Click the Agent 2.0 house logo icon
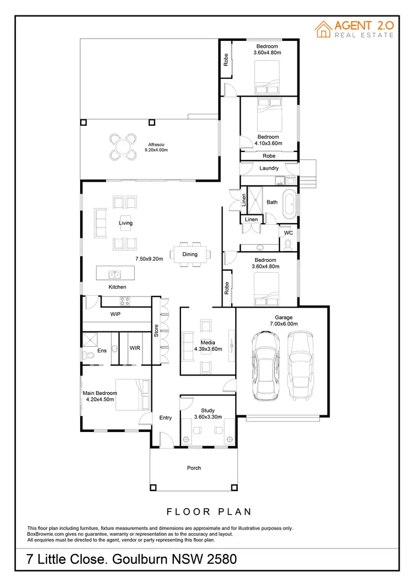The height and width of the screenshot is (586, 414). [x=323, y=29]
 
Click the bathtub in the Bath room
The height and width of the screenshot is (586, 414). [x=290, y=204]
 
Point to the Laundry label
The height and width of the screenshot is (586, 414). [x=269, y=168]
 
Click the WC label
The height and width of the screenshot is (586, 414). [x=288, y=234]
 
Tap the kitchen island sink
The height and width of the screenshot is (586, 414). [x=115, y=274]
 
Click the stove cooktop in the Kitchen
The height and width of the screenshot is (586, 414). [x=125, y=301]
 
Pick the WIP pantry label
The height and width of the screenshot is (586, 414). [x=115, y=314]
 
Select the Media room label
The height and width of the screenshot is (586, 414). [x=208, y=342]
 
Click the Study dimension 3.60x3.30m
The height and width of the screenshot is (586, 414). [x=208, y=417]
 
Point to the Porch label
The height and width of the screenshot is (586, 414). [x=194, y=468]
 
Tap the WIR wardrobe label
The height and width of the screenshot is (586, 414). [x=135, y=349]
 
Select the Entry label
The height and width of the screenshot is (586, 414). [x=166, y=418]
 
